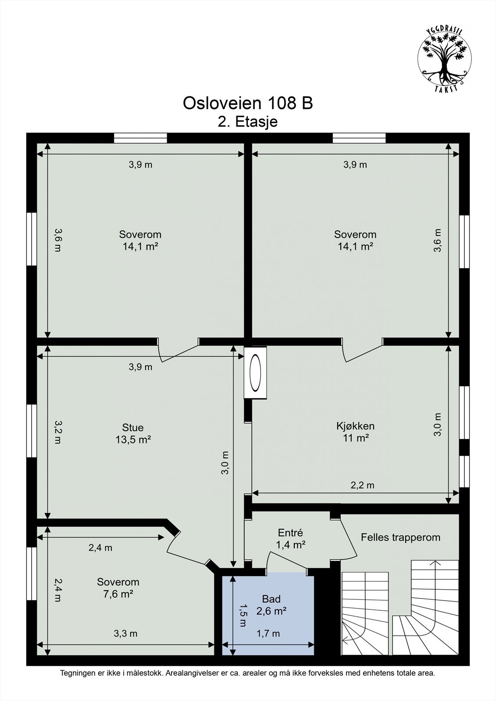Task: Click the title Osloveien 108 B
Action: (248, 103)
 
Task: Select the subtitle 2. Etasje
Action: (248, 121)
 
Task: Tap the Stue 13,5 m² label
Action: (133, 433)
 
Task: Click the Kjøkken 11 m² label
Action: (355, 432)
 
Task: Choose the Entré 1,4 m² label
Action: (290, 538)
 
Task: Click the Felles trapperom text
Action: (400, 537)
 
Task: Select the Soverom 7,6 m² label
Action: (118, 588)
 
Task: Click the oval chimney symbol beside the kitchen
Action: (255, 372)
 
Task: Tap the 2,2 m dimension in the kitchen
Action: (362, 485)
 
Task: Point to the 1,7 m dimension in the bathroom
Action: (268, 634)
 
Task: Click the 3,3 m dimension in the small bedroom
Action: (125, 634)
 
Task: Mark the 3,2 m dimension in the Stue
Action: (57, 432)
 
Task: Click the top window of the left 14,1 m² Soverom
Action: (140, 138)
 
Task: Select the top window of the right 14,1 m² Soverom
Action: (359, 138)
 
